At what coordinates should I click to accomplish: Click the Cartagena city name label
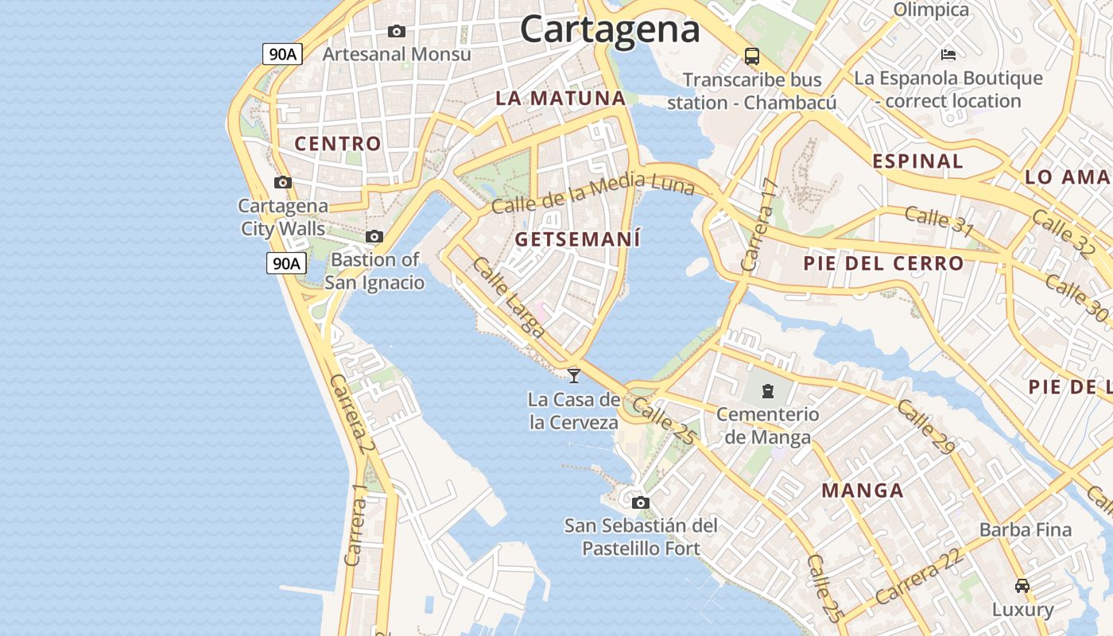point(610,29)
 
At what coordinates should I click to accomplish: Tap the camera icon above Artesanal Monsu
point(396,32)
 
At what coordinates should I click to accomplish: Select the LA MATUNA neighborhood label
point(560,99)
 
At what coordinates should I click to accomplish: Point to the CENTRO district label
point(338,144)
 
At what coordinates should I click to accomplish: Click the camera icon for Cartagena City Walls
point(282,183)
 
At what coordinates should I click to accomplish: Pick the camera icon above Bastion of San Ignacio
point(374,237)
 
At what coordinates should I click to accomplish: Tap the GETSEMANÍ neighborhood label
point(577,239)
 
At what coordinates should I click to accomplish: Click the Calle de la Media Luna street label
point(592,195)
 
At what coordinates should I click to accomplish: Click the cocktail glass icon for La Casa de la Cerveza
point(573,375)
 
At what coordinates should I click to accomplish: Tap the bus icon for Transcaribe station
point(751,56)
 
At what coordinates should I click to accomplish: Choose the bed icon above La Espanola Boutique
point(948,55)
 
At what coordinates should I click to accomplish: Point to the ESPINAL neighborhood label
point(917,161)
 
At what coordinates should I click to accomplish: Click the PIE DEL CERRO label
point(883,263)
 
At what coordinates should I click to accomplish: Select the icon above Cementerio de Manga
point(767,391)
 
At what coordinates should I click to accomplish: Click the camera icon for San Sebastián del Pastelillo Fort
point(640,502)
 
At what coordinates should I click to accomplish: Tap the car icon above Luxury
point(1022,586)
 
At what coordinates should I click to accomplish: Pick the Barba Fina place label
point(1025,529)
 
